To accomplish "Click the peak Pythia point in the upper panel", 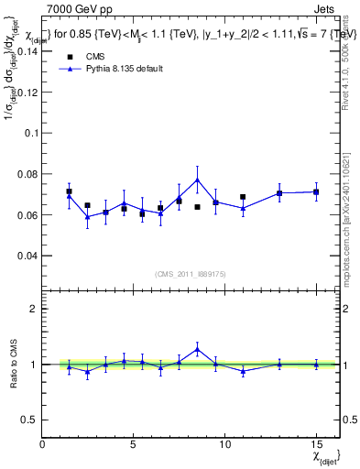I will click(197, 179).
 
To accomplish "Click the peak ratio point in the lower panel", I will click(197, 348).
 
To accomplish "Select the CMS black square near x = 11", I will click(243, 197).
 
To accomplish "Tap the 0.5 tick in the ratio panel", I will click(27, 420).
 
